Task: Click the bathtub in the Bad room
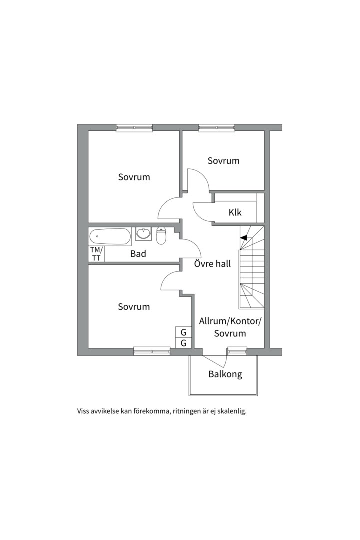(110, 237)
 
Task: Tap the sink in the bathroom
(143, 233)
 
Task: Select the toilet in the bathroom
(161, 235)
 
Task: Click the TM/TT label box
(96, 254)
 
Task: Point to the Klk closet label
(235, 212)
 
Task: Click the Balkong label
(225, 374)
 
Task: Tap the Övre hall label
(212, 264)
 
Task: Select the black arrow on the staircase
(243, 237)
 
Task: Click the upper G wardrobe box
(183, 332)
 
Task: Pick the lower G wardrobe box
(183, 343)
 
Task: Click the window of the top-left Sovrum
(134, 128)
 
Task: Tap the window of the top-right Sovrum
(217, 128)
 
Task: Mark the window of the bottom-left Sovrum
(152, 351)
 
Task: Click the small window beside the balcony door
(237, 351)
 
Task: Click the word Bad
(138, 254)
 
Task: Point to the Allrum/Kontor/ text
(230, 321)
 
